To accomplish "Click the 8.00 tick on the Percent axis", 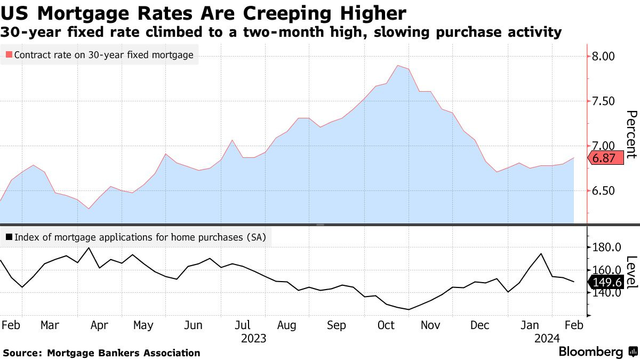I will point(604,56).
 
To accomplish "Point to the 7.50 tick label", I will point(604,101).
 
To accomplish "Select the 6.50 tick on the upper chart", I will point(604,191).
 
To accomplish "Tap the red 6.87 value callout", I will point(605,158).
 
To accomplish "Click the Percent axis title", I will point(631,134).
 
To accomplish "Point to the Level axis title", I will point(631,273).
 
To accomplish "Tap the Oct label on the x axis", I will point(386,325).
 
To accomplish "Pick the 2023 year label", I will point(253,339).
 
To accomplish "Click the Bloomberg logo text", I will point(590,352).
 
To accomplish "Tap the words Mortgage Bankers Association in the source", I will point(124,353).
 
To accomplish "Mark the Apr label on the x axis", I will point(100,325).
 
